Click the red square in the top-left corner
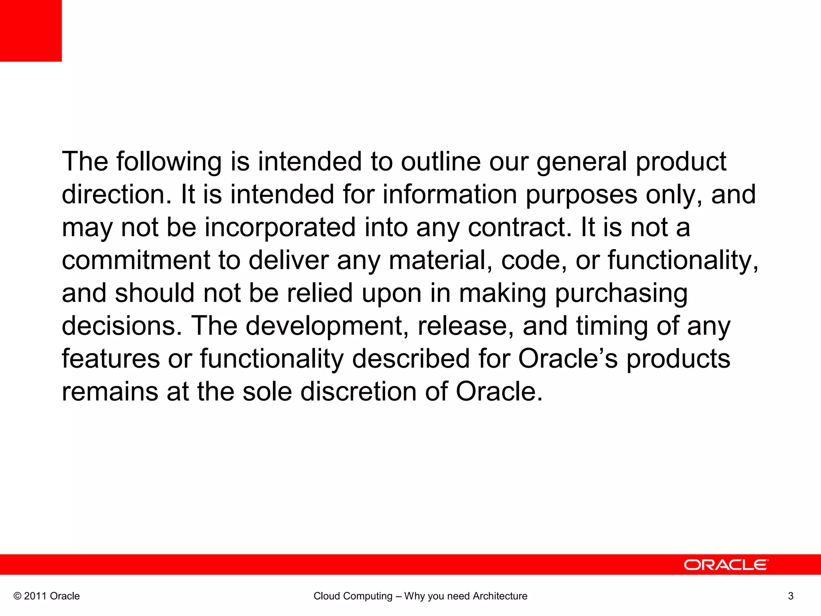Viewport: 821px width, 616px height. [31, 30]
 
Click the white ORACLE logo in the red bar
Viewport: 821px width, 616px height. [726, 565]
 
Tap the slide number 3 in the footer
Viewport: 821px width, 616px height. [791, 596]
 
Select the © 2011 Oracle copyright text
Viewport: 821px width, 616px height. [47, 596]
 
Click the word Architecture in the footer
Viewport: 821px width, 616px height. [500, 596]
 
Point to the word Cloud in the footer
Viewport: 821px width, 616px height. [326, 596]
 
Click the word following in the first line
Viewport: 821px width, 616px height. [169, 162]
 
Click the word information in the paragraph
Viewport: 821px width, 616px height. [449, 195]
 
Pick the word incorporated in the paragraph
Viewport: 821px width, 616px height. [280, 227]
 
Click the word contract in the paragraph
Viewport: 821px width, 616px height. [520, 227]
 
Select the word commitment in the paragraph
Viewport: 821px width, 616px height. [136, 260]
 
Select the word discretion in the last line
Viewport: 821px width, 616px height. [359, 392]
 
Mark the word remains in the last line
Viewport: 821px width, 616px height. [110, 392]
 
